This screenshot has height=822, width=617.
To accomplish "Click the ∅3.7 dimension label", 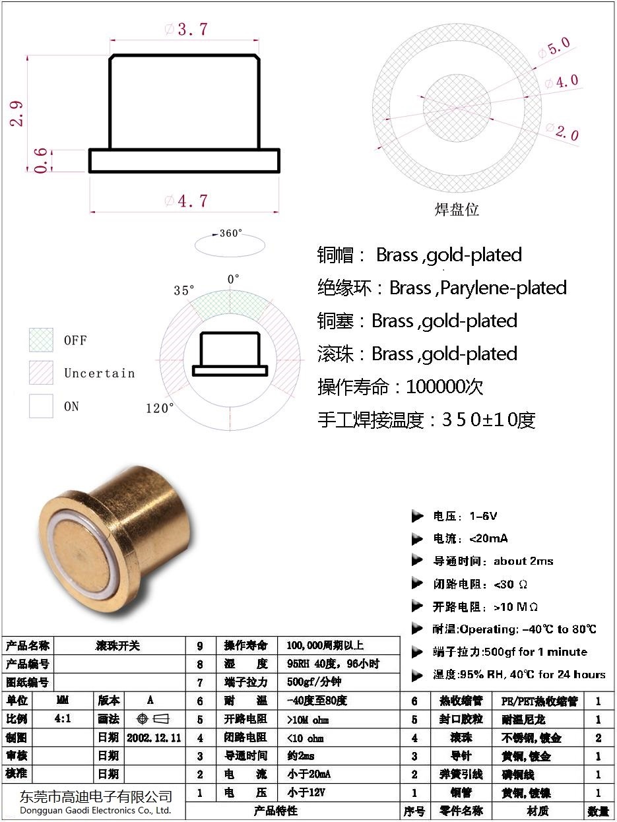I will pos(185,30).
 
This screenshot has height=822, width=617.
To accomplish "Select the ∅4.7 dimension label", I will pos(186,201).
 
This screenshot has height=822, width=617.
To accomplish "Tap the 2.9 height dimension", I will pos(18,113).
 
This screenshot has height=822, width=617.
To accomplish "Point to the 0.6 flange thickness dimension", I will pos(41,160).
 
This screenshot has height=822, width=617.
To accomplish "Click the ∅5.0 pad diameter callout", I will pos(553,48).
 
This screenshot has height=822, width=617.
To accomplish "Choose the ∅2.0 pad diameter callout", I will pos(562,131).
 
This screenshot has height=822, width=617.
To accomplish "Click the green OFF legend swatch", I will pos(41,340).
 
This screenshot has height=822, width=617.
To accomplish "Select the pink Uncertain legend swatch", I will pos(41,373).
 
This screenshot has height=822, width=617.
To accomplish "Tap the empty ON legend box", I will pos(41,406).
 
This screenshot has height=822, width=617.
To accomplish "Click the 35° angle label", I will pos(184,290).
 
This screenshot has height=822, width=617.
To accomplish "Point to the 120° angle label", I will pos(160,408).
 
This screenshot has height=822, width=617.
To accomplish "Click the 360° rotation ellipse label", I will pos(231,234).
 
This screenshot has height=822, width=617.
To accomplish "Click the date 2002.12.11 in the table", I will pos(154,737).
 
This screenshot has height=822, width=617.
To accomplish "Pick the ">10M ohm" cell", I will pos(308,719).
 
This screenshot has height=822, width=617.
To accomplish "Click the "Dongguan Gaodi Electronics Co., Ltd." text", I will pos(96,810).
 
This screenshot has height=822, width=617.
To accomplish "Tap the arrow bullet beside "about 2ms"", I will pos(417,561).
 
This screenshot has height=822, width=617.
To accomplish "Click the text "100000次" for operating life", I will pos(445,387).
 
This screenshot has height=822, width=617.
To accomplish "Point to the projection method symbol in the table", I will pos(152,718).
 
